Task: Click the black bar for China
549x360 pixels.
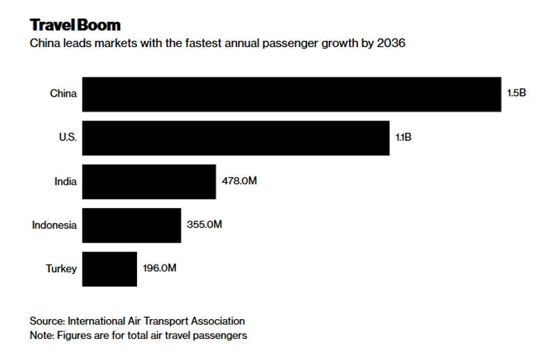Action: click(x=292, y=94)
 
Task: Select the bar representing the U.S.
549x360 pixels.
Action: click(x=236, y=138)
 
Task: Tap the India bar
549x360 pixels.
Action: click(x=149, y=181)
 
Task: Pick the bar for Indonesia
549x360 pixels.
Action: click(x=132, y=225)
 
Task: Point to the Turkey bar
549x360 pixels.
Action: click(x=110, y=269)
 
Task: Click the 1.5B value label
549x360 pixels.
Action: click(x=516, y=94)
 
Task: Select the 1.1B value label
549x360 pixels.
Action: click(x=404, y=138)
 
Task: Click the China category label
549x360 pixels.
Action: click(x=63, y=94)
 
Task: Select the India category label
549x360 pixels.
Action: click(x=65, y=181)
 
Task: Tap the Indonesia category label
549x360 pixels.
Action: click(x=55, y=225)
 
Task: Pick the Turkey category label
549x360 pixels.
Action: click(x=61, y=269)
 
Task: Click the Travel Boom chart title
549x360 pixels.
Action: click(x=75, y=25)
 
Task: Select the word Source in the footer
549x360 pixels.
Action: click(x=46, y=321)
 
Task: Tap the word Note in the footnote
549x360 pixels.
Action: click(x=41, y=335)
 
